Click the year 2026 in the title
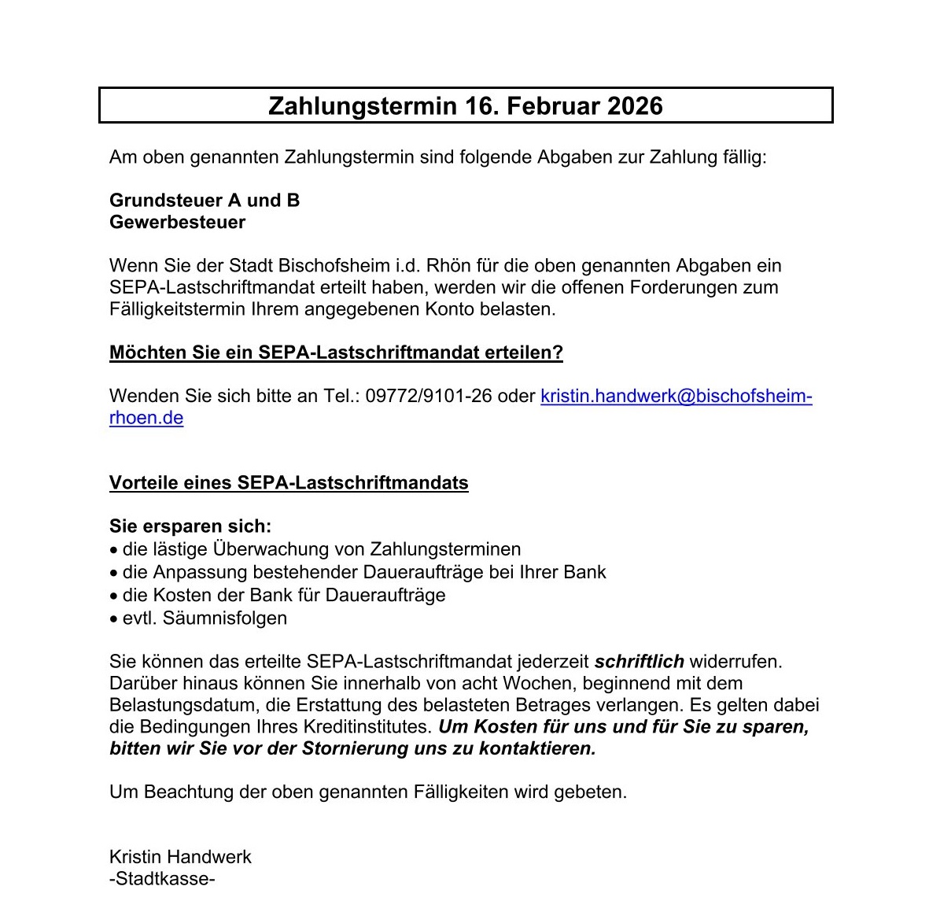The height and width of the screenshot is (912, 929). tap(634, 106)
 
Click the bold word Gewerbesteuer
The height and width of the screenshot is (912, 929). tap(177, 223)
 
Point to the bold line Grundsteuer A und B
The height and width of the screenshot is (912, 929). tap(205, 201)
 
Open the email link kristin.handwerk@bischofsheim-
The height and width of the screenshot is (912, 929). tap(676, 396)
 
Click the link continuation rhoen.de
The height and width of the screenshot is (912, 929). tap(146, 418)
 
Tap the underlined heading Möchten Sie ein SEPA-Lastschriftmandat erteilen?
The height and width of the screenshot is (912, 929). tap(336, 353)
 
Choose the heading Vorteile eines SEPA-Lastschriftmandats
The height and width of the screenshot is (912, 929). tap(289, 483)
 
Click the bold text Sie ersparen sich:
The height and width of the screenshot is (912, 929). tap(190, 526)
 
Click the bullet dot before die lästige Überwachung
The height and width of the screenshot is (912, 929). tap(114, 550)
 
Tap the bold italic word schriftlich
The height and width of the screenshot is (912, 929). tap(639, 662)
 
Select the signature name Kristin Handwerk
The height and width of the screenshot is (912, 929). tap(180, 857)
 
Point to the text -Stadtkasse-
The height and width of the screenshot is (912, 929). tap(162, 879)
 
